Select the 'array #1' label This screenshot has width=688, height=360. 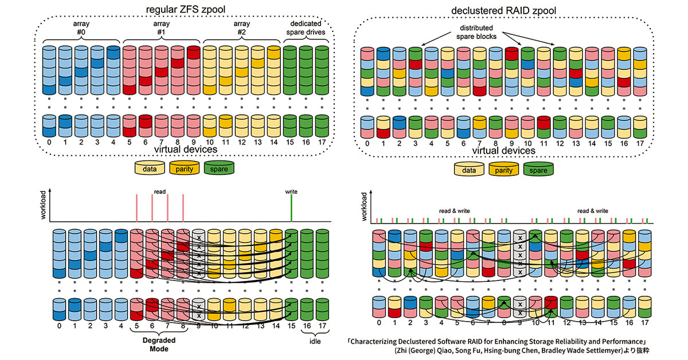click(160, 29)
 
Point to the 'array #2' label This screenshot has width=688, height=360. click(241, 29)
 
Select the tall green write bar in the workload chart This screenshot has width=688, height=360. click(292, 208)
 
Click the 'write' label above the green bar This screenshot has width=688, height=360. click(292, 191)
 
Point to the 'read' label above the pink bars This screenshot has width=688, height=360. click(159, 191)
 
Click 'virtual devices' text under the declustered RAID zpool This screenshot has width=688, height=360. click(504, 150)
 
